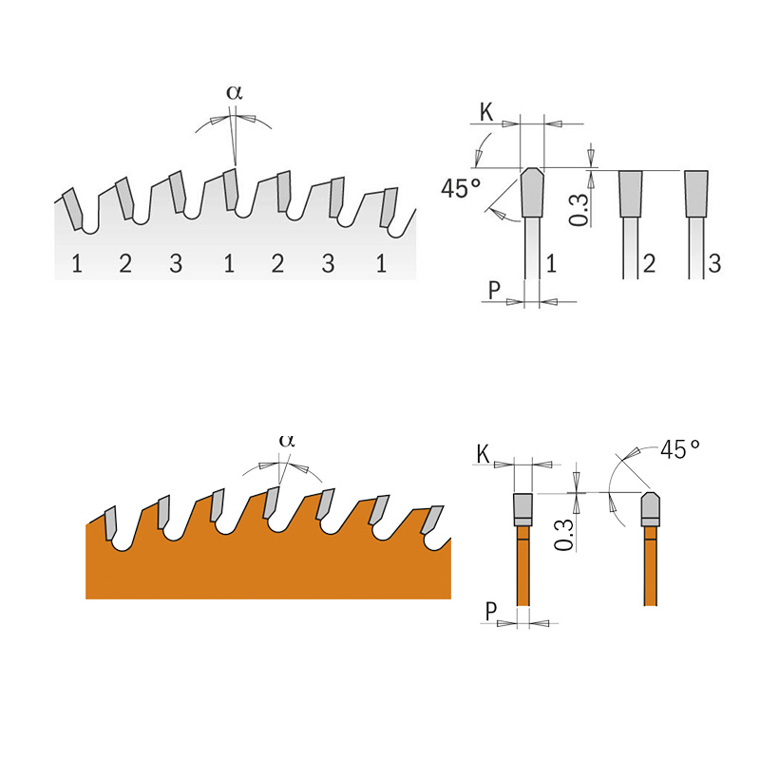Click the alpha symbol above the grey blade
pyautogui.click(x=235, y=92)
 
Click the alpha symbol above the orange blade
pyautogui.click(x=287, y=441)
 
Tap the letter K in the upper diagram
pyautogui.click(x=486, y=112)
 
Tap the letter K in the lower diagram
pyautogui.click(x=484, y=455)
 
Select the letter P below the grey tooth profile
pyautogui.click(x=494, y=291)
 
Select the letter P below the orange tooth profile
pyautogui.click(x=491, y=612)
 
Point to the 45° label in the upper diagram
pyautogui.click(x=461, y=188)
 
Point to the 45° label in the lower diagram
pyautogui.click(x=680, y=449)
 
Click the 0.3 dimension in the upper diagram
pyautogui.click(x=579, y=209)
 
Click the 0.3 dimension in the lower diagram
pyautogui.click(x=563, y=535)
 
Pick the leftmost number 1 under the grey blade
pyautogui.click(x=77, y=263)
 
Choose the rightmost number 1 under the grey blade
pyautogui.click(x=381, y=263)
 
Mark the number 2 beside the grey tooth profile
pyautogui.click(x=649, y=263)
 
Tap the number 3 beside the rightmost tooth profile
pyautogui.click(x=714, y=263)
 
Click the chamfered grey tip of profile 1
pyautogui.click(x=532, y=192)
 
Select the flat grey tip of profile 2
pyautogui.click(x=631, y=194)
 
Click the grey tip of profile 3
pyautogui.click(x=696, y=194)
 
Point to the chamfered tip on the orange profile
pyautogui.click(x=650, y=509)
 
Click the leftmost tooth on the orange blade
pyautogui.click(x=111, y=522)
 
